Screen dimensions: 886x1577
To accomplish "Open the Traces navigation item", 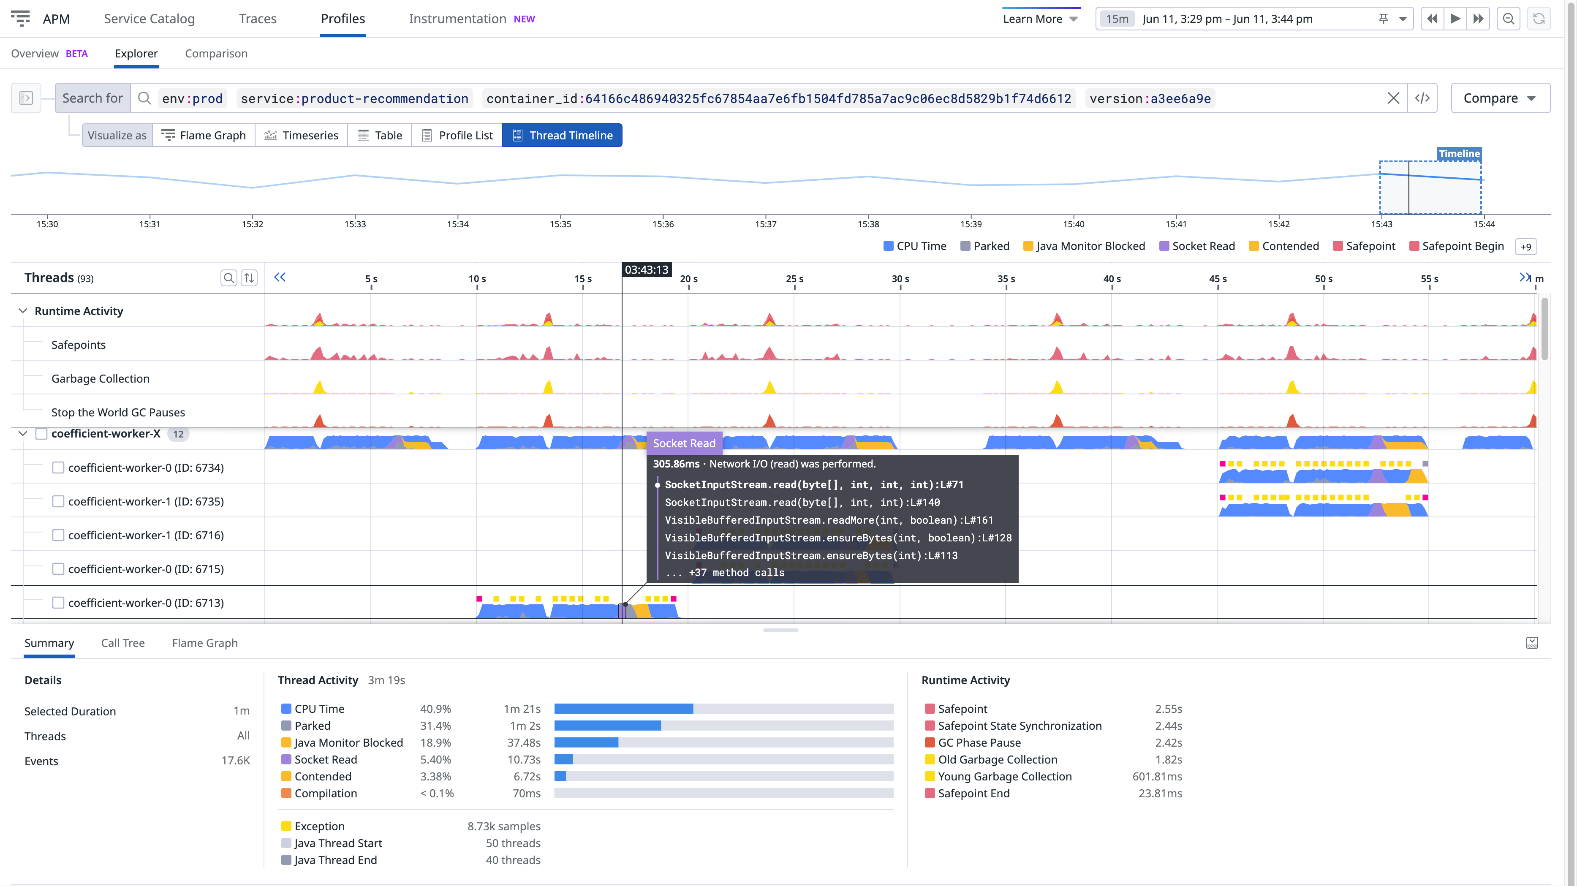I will pyautogui.click(x=257, y=19).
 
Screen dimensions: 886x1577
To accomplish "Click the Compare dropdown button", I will pyautogui.click(x=1499, y=98).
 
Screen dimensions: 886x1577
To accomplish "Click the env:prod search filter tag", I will pyautogui.click(x=192, y=98).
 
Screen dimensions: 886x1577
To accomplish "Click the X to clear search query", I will pyautogui.click(x=1393, y=98).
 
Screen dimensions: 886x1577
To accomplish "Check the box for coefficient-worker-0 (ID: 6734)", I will pyautogui.click(x=58, y=468).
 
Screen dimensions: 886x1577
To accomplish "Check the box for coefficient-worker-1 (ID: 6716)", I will pyautogui.click(x=58, y=535).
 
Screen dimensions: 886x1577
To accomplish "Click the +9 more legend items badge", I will pyautogui.click(x=1525, y=247).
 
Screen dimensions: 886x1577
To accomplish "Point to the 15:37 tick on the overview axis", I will pyautogui.click(x=765, y=224).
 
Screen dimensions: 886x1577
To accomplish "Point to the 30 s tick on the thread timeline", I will pyautogui.click(x=900, y=279).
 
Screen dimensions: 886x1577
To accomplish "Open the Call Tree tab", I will pyautogui.click(x=122, y=643).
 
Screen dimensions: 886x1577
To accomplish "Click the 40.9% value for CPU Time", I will pyautogui.click(x=435, y=709).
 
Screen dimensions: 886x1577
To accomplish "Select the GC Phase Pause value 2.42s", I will pyautogui.click(x=1168, y=743).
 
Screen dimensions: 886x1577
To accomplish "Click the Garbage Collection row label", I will pyautogui.click(x=101, y=378).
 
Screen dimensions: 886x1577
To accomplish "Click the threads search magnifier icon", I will pyautogui.click(x=228, y=278).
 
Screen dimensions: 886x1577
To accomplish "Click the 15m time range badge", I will pyautogui.click(x=1117, y=19).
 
